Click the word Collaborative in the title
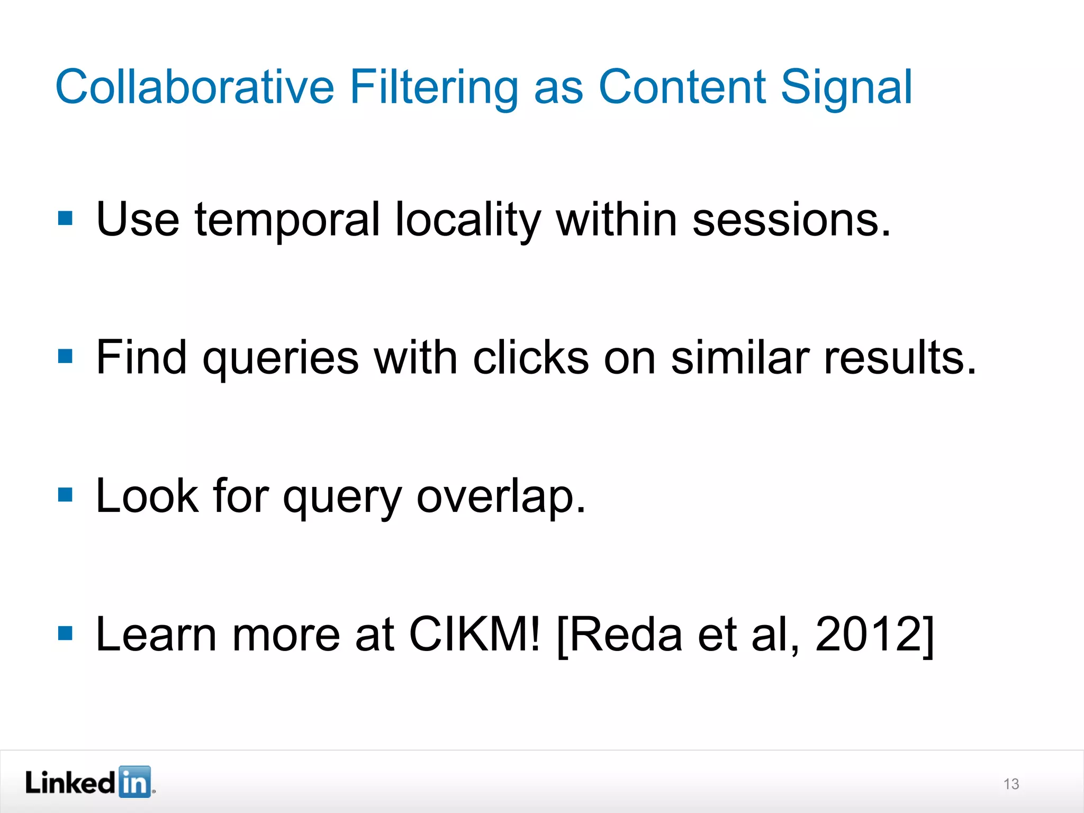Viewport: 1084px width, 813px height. (195, 87)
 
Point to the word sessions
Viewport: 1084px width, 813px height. (791, 220)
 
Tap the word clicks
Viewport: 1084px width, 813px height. (531, 358)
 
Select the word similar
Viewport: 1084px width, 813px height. (740, 358)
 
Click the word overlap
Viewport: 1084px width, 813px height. (501, 498)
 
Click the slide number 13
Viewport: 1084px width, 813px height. (1011, 784)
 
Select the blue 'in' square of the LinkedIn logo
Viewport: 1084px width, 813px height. (134, 782)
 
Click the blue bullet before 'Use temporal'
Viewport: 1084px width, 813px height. (65, 218)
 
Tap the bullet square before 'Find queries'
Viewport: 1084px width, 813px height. (65, 356)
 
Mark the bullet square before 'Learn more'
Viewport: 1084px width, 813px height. (65, 633)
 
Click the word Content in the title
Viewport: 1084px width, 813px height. (682, 87)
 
